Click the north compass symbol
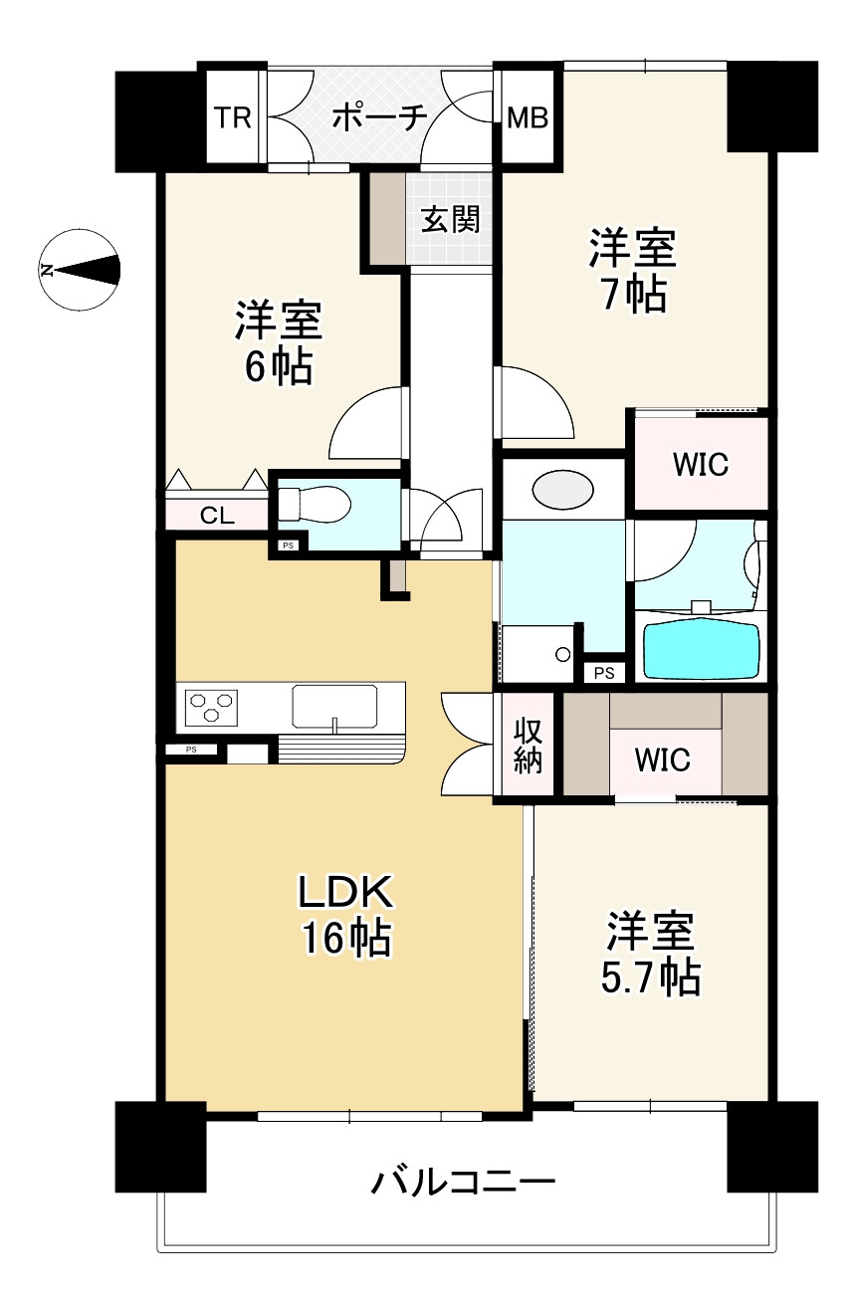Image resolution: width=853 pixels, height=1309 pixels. coord(80,269)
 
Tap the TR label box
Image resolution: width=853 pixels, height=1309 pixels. coord(232,118)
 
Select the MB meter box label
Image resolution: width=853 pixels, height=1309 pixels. coord(528,118)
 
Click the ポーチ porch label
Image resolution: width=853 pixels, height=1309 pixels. coord(379,118)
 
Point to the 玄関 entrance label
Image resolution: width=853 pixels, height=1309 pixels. coord(450,219)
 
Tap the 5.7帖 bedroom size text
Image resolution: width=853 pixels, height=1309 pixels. coord(651,978)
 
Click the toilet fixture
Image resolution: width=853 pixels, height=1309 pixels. coord(315,506)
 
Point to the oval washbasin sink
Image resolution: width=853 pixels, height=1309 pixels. coord(563,490)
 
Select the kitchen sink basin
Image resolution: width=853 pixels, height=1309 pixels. coord(335,706)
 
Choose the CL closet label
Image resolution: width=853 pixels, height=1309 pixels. coord(218,516)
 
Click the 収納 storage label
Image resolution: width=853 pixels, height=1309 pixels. coord(528,745)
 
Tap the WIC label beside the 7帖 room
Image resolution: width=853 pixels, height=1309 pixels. coord(700,464)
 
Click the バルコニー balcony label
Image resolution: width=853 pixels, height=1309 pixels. coord(463,1183)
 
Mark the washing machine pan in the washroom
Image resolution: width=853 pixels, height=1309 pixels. coord(538,654)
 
